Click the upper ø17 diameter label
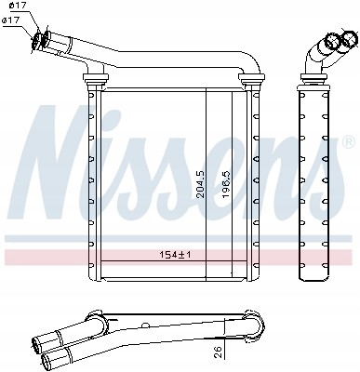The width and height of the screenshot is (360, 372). pyautogui.click(x=18, y=8)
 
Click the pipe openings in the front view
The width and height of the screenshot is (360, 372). pyautogui.click(x=41, y=39)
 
